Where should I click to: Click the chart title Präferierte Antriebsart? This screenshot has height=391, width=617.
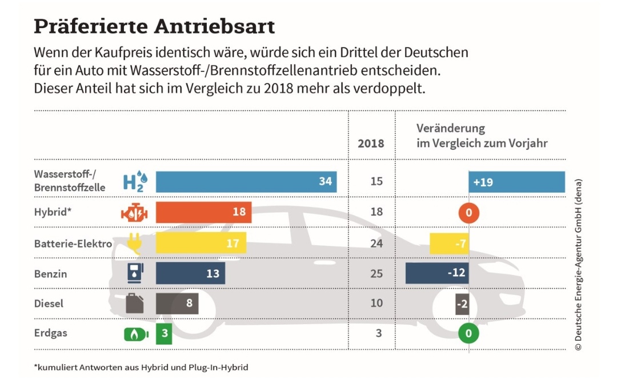click(x=154, y=27)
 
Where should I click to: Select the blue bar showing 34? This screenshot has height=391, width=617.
click(x=246, y=182)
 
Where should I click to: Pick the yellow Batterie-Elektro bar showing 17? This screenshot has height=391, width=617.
click(x=201, y=242)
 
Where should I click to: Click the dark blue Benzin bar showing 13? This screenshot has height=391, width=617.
click(x=190, y=273)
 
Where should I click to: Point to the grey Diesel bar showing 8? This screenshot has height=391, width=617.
click(x=177, y=303)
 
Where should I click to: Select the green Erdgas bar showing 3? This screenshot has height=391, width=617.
click(x=164, y=333)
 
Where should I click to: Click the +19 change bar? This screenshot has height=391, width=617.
click(x=516, y=182)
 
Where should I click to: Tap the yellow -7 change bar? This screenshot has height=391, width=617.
click(x=450, y=243)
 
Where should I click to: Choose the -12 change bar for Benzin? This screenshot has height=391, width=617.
click(x=437, y=273)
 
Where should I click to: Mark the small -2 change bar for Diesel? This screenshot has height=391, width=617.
click(x=462, y=304)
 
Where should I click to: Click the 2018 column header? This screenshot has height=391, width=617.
click(x=371, y=143)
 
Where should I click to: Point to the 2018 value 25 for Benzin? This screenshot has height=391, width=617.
click(x=376, y=273)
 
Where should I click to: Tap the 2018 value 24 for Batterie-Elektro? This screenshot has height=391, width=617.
click(x=376, y=242)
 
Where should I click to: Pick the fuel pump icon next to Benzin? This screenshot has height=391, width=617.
click(x=135, y=273)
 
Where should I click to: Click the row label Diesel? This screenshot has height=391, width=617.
click(x=49, y=303)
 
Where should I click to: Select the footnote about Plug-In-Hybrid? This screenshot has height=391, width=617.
click(x=141, y=367)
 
